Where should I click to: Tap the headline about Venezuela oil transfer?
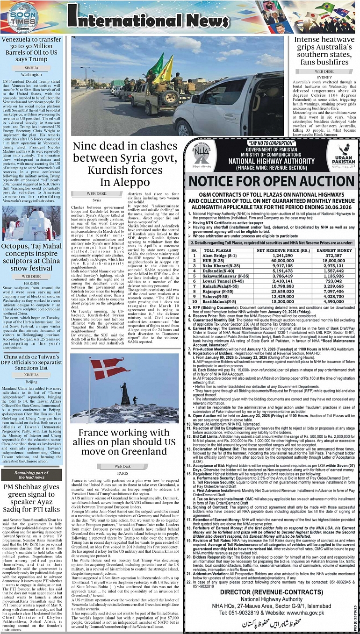pos(31,50)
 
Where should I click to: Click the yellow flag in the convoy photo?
pos(166,70)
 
